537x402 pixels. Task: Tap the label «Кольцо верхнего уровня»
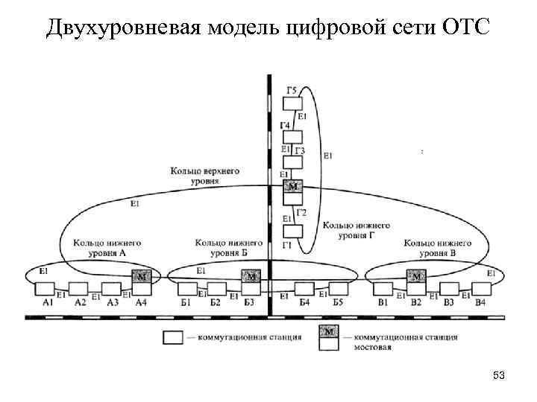pyautogui.click(x=204, y=176)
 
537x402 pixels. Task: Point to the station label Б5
pyautogui.click(x=337, y=302)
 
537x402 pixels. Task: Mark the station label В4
pyautogui.click(x=480, y=302)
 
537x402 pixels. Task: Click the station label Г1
pyautogui.click(x=286, y=246)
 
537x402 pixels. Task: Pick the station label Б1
pyautogui.click(x=186, y=302)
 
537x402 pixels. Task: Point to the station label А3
pyautogui.click(x=113, y=302)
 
